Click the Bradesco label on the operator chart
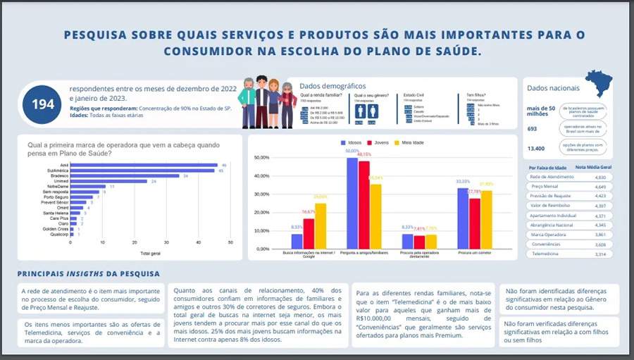(59, 175)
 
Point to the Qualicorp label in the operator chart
(58, 234)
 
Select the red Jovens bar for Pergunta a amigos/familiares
(364, 205)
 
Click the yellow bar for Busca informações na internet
(320, 226)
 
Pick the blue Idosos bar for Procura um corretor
(463, 218)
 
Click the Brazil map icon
(599, 83)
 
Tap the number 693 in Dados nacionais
(533, 129)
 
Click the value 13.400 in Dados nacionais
(536, 149)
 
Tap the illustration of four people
(268, 102)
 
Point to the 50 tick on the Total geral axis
(230, 242)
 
